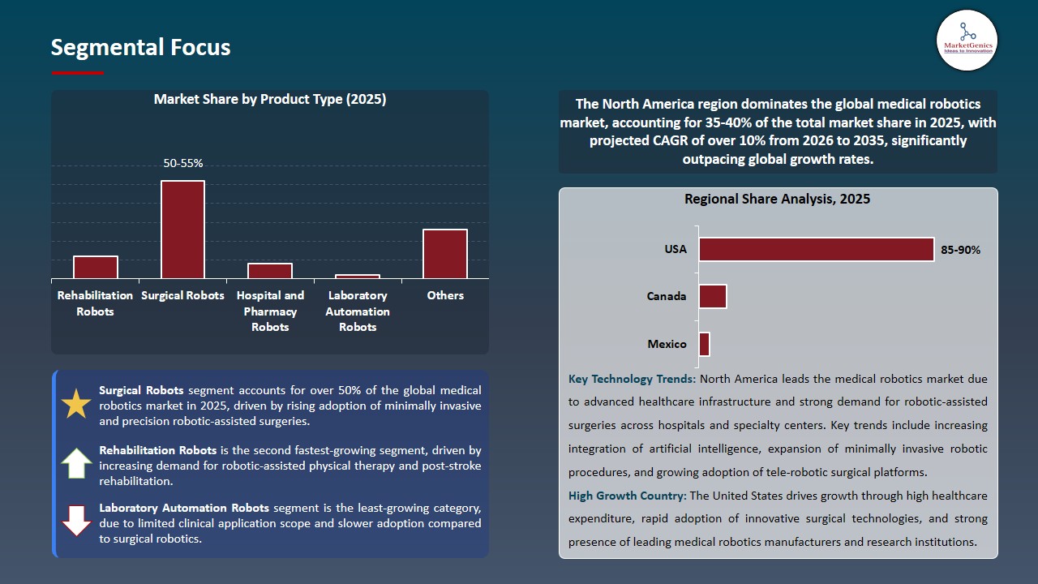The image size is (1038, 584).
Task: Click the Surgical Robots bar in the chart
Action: pos(182,230)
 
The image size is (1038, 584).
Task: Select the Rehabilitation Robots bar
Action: pos(96,268)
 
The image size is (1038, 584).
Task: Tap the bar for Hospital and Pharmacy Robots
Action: pos(270,271)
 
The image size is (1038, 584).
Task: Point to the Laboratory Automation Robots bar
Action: pos(358,277)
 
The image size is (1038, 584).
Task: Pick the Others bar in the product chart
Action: pos(445,254)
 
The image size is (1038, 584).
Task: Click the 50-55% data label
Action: pos(182,163)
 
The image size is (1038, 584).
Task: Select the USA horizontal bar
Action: pos(816,250)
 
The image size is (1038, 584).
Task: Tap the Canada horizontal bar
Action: pos(712,297)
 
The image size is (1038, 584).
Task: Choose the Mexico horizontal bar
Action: pos(704,344)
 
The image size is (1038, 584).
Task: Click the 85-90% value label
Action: pos(960,250)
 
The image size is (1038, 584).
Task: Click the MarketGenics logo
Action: pos(967,40)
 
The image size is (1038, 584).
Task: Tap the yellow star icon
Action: pos(76,404)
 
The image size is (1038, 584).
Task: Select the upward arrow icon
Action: pos(76,463)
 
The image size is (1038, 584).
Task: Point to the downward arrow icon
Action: pos(76,521)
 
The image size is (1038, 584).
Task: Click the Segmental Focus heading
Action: pos(140,48)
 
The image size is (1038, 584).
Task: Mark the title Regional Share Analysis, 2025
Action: pos(777,199)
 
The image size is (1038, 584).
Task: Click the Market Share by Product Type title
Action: pos(270,100)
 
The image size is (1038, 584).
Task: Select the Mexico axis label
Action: pos(667,344)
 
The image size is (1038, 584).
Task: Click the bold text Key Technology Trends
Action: pos(632,379)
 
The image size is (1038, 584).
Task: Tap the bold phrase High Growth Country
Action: pos(627,496)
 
